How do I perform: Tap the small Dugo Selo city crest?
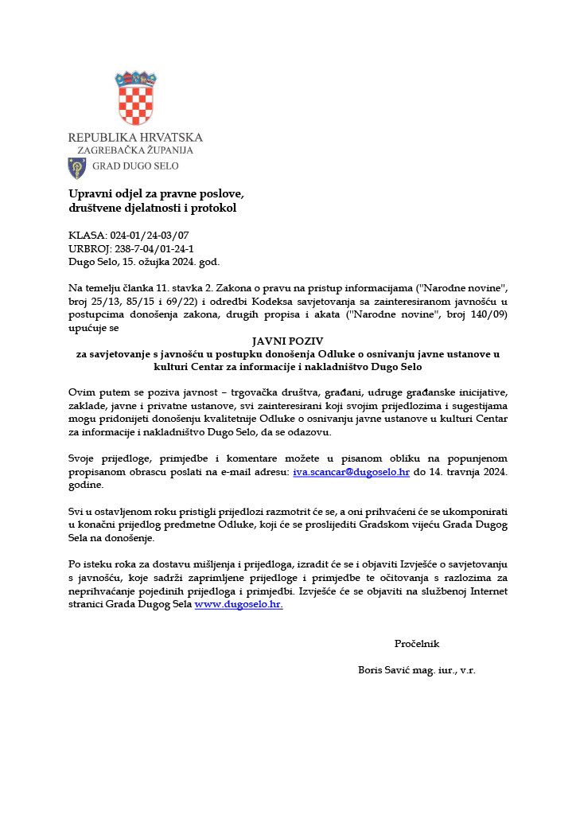(77, 167)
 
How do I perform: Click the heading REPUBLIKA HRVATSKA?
(135, 137)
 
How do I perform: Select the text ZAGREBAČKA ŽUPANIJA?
(134, 150)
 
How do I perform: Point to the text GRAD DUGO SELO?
(136, 166)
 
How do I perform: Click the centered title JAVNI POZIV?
(287, 341)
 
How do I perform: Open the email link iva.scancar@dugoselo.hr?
(351, 471)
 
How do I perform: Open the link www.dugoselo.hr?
(239, 604)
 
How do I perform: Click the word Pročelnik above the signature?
(416, 644)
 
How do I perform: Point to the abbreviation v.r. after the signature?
(467, 670)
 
